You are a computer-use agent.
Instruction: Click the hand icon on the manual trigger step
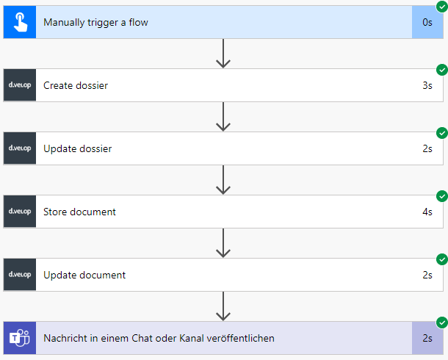point(20,22)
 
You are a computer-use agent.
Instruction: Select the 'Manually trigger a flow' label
point(95,22)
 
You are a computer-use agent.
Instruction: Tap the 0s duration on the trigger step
point(427,22)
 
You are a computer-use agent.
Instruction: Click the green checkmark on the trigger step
point(442,7)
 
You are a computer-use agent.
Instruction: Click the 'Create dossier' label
point(76,85)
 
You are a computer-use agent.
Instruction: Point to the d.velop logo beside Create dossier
point(20,85)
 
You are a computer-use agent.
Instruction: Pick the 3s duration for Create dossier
point(427,85)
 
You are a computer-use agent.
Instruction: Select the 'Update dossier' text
point(78,148)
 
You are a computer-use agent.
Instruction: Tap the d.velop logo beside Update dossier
point(20,148)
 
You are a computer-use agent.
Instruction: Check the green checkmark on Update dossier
point(442,133)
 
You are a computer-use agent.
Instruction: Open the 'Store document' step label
point(79,212)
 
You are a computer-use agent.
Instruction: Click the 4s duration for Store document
point(427,212)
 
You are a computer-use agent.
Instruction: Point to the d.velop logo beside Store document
point(20,212)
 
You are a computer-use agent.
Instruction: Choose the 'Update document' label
point(84,275)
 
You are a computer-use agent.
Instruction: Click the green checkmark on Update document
point(442,259)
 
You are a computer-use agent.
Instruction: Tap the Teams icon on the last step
point(20,338)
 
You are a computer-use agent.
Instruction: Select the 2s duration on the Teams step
point(427,338)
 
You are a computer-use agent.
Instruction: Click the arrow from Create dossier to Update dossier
point(224,116)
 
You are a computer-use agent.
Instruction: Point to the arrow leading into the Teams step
point(224,306)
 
